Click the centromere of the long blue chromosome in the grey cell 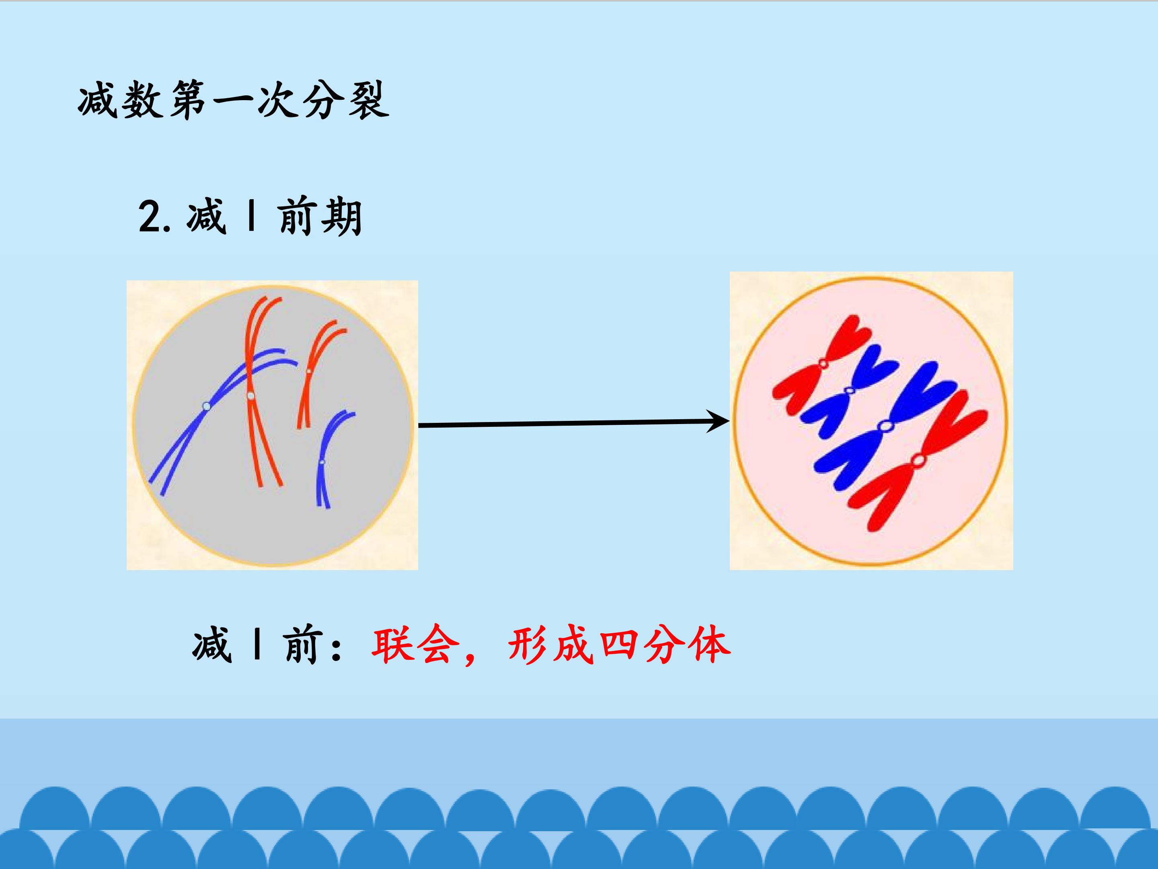click(x=206, y=406)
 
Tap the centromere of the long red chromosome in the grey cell click(x=251, y=395)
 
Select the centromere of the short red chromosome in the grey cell click(x=308, y=371)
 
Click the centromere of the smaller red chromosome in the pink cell click(x=823, y=363)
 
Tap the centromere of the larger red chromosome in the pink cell click(x=919, y=460)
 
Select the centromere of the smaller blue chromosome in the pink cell click(x=850, y=391)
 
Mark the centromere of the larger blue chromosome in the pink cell click(x=885, y=426)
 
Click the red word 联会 click(x=411, y=646)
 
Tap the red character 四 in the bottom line click(x=619, y=646)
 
